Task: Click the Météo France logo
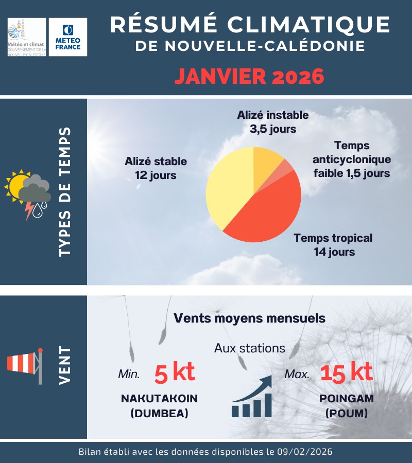[x=67, y=37]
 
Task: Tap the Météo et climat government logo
[x=27, y=37]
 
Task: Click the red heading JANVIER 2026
[x=249, y=77]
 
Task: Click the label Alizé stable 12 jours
[x=156, y=168]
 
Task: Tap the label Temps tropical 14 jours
[x=333, y=245]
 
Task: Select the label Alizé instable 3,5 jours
[x=273, y=122]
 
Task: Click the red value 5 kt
[x=175, y=372]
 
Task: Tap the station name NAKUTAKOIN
[x=159, y=399]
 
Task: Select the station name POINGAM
[x=346, y=399]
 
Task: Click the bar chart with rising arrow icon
[x=252, y=397]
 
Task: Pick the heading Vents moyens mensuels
[x=249, y=318]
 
